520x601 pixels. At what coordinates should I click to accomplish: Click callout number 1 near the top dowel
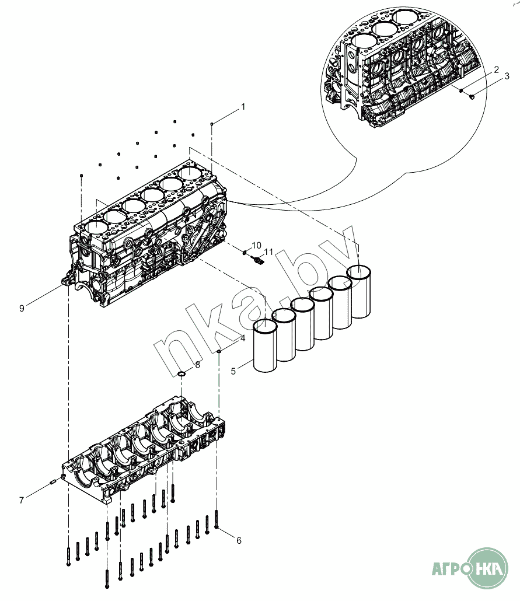243,107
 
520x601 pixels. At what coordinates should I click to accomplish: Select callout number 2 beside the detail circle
496,69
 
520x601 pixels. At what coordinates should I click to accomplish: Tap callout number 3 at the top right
507,76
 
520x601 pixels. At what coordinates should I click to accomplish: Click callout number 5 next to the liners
233,370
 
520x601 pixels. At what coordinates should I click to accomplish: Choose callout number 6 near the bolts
239,540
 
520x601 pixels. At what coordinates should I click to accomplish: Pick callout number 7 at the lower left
22,499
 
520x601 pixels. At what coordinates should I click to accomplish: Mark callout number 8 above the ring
197,364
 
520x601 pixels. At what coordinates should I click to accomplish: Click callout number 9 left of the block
22,308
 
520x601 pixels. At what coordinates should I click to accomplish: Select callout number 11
268,251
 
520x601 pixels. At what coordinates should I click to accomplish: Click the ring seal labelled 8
182,373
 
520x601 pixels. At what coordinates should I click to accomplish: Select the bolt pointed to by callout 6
217,519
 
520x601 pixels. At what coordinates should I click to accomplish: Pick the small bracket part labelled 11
256,259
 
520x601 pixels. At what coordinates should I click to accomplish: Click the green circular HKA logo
488,568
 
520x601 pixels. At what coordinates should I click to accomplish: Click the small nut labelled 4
219,352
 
